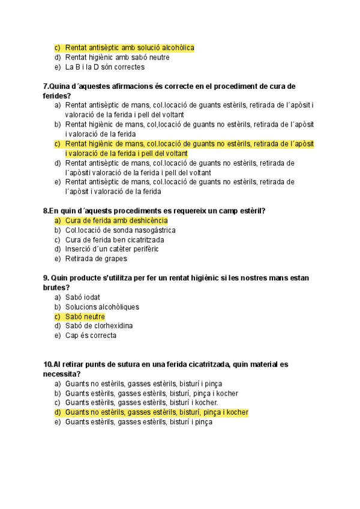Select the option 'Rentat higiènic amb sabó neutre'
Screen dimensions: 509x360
(x=117, y=58)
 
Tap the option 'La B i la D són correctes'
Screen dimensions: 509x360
(x=105, y=67)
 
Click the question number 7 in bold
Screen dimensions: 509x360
(x=46, y=86)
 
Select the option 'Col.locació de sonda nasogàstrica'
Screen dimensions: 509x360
(x=120, y=230)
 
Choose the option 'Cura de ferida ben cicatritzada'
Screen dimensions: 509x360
(x=115, y=240)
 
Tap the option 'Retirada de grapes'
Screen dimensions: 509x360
(x=96, y=259)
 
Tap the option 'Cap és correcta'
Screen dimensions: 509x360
(x=91, y=336)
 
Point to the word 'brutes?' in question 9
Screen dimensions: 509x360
(x=56, y=288)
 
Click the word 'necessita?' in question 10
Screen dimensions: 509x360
(x=62, y=374)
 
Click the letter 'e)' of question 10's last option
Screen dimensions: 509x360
(x=58, y=422)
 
